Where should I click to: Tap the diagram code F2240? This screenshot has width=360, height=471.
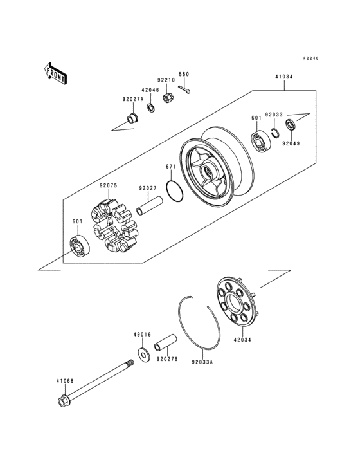(x=312, y=59)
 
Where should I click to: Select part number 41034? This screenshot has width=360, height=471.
(x=284, y=77)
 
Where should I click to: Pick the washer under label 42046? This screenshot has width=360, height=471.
(x=151, y=107)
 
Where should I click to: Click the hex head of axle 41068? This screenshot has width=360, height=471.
(x=64, y=403)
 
